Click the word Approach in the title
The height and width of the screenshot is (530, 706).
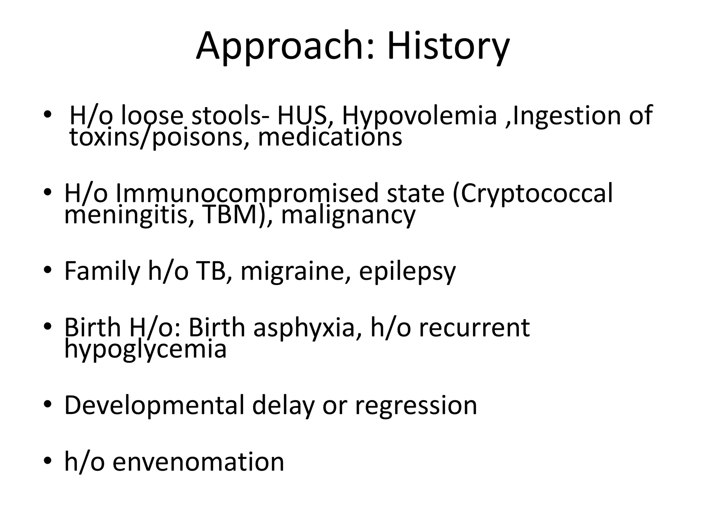tap(279, 47)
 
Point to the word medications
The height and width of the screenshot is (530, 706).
tap(330, 137)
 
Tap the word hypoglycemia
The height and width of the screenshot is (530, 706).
tap(145, 349)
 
